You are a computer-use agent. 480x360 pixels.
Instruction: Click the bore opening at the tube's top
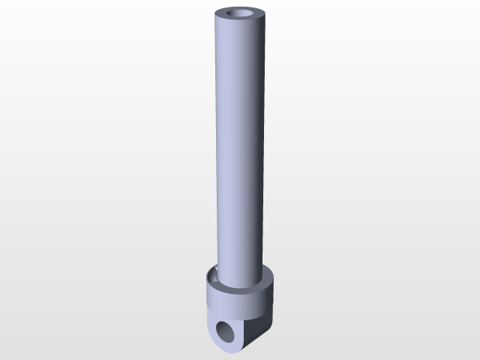[x=240, y=14]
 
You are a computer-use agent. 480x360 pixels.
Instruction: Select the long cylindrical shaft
[x=238, y=150]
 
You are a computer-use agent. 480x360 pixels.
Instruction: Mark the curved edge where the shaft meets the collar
[x=238, y=288]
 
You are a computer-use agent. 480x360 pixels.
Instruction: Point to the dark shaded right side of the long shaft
[x=259, y=150]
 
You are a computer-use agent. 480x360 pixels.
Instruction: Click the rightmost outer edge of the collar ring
[x=274, y=289]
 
